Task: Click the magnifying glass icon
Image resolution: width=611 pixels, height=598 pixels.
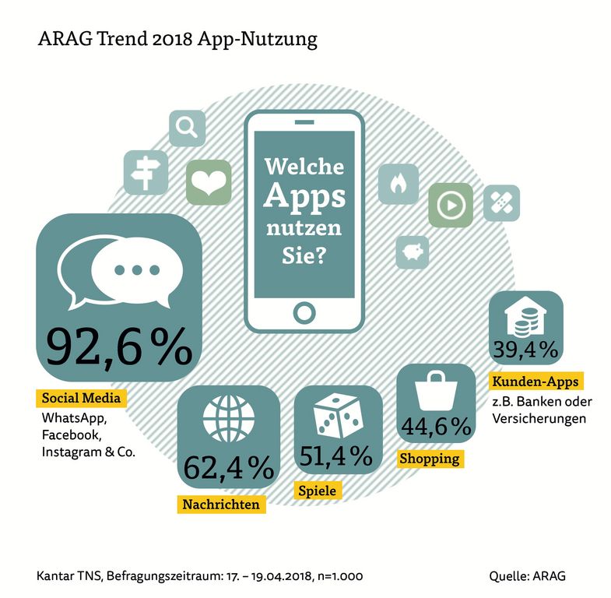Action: pos(187,128)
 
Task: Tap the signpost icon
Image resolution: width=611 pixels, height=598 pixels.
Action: pos(145,171)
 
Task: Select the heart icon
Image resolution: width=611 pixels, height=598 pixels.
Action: pos(208,183)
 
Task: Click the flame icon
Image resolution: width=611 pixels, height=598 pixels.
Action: pos(398,185)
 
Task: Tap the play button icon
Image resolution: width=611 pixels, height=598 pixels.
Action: pos(450,205)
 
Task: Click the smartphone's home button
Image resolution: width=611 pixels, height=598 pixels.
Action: pos(304,311)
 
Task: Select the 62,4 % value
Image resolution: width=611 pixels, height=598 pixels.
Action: pos(229,467)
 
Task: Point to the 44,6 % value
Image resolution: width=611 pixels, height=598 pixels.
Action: pos(436,426)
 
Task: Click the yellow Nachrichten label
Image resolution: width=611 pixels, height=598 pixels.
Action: pos(220,504)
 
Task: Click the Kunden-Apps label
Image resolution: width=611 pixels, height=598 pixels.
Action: pos(536,382)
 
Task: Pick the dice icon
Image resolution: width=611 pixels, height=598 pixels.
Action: pos(337,415)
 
